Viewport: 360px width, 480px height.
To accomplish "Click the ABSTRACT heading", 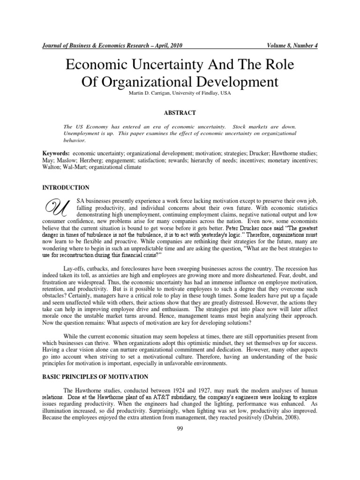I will tap(180, 112).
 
